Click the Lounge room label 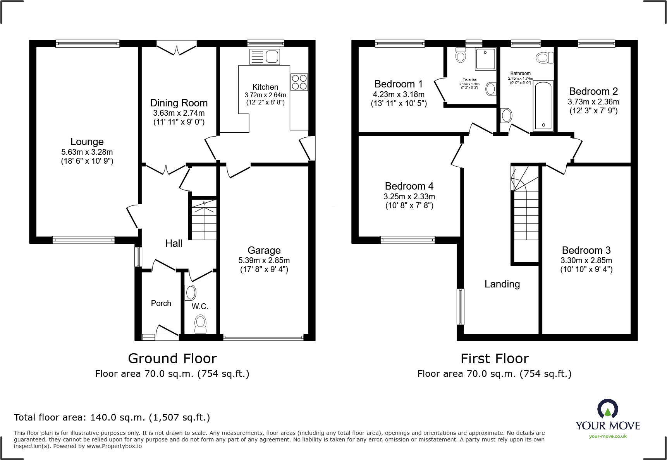tap(87, 142)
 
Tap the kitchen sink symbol tap(265, 57)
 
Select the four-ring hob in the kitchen tap(299, 82)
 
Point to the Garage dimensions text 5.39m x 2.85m tap(264, 260)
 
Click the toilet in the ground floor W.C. tap(200, 324)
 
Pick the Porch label tap(161, 303)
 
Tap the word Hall tap(174, 243)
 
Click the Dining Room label tap(179, 103)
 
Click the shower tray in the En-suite tap(485, 59)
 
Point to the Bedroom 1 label tap(399, 84)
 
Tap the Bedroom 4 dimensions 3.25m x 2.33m tap(409, 197)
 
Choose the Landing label tap(502, 284)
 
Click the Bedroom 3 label tap(586, 250)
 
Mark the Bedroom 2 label tap(593, 91)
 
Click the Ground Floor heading tap(172, 359)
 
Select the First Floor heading tap(495, 359)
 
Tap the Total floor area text tap(112, 417)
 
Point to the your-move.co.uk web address tap(608, 436)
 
